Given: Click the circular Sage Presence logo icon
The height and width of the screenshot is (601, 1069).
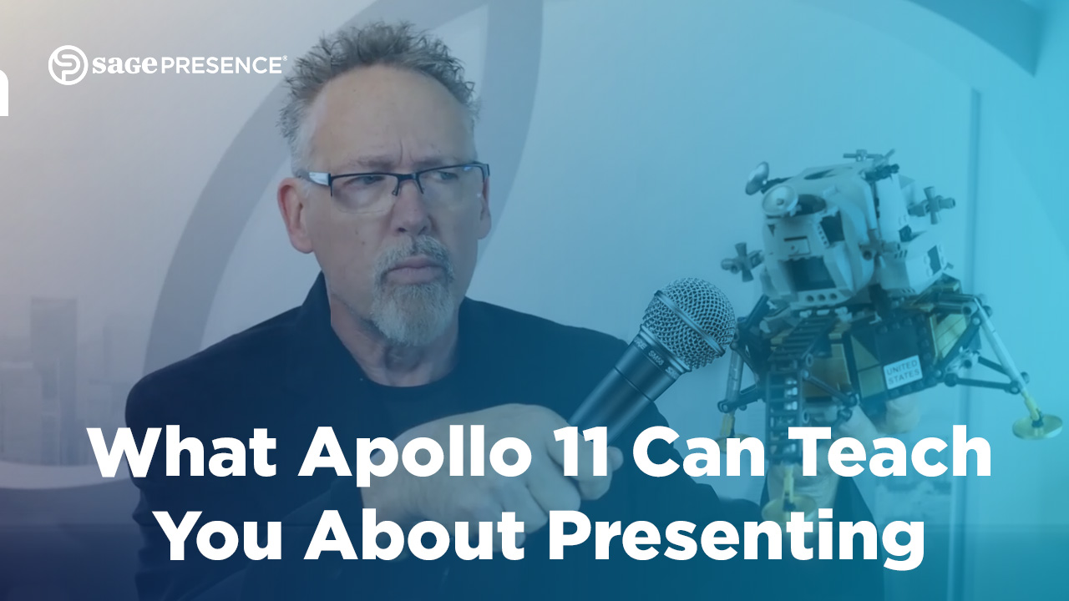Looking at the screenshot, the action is coord(68,65).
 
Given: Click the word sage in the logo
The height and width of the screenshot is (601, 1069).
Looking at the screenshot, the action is coord(125,65).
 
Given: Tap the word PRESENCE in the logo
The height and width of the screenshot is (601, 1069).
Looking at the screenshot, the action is coord(220,65).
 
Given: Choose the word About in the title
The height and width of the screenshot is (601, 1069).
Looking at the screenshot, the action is coord(415,534).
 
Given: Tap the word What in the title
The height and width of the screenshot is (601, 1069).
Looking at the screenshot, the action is coord(184,452).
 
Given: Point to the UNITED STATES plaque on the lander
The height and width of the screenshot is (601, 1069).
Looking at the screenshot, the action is coord(901,371).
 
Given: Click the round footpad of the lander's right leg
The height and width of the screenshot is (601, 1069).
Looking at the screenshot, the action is coord(1037,426).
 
